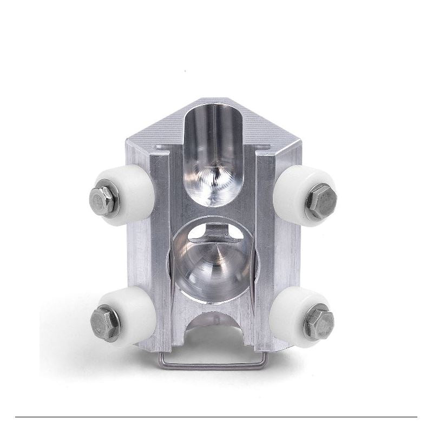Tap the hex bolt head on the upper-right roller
pyautogui.click(x=320, y=201)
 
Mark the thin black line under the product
pyautogui.click(x=216, y=417)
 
